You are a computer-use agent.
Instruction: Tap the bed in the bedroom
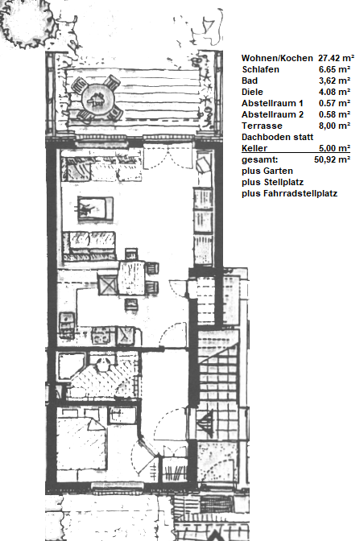81,444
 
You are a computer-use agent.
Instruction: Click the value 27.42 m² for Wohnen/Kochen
336,58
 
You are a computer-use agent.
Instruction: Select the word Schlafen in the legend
260,69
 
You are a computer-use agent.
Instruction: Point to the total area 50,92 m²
333,159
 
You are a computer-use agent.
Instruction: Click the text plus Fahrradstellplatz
289,193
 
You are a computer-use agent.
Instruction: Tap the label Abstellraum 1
272,103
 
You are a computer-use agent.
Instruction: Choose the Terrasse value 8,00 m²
334,126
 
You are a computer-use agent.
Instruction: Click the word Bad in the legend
250,81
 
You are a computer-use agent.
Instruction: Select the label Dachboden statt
277,137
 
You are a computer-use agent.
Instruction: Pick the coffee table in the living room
95,209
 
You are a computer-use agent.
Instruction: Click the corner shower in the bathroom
71,365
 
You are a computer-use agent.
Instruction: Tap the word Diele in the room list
252,92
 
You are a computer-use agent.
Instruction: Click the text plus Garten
267,171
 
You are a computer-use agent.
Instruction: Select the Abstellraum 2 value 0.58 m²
334,114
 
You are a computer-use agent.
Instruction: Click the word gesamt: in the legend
259,159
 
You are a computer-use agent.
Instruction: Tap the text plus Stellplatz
272,182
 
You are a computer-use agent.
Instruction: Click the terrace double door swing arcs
168,157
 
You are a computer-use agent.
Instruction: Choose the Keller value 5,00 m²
334,148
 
